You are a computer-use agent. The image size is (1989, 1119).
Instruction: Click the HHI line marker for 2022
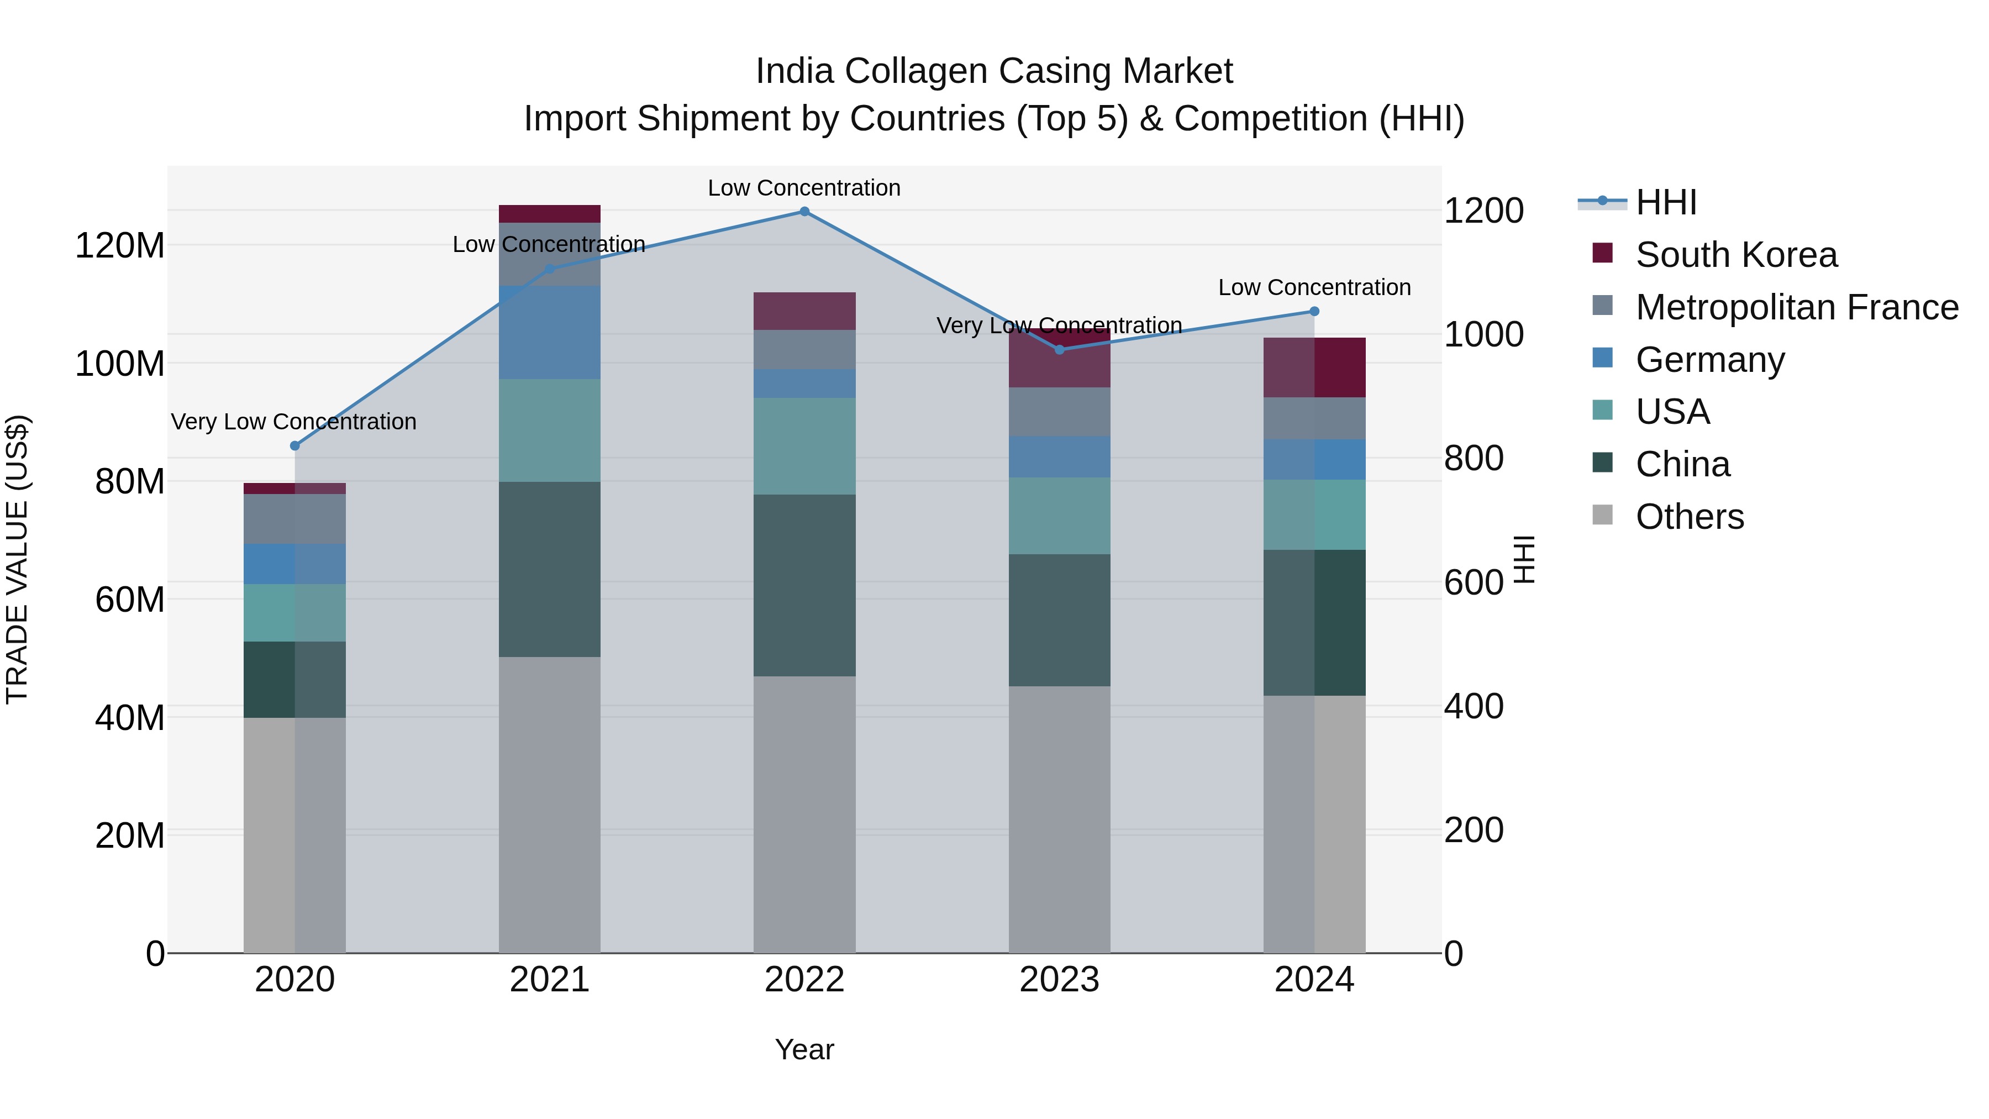[804, 212]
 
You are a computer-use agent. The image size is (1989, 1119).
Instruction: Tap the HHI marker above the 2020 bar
[294, 445]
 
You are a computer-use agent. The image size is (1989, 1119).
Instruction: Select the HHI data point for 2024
[1314, 311]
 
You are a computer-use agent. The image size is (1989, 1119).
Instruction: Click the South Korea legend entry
[1736, 255]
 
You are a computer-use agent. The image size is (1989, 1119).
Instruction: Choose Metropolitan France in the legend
[1796, 307]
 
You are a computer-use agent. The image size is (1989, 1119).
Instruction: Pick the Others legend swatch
[1602, 515]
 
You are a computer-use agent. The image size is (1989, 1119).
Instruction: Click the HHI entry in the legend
[1665, 202]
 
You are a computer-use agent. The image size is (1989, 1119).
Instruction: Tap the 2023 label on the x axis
[1059, 979]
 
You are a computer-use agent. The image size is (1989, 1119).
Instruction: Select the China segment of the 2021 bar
[549, 569]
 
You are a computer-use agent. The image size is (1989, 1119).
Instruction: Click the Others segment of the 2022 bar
[804, 814]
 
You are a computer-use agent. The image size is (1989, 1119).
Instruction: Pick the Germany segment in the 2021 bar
[549, 332]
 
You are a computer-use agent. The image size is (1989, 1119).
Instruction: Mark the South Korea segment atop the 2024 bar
[1314, 367]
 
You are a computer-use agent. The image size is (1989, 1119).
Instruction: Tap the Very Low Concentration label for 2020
[293, 422]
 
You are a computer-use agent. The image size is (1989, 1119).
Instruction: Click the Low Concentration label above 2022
[804, 188]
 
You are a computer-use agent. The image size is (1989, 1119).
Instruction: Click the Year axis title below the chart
[804, 1049]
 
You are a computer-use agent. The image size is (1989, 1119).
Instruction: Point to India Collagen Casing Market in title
[994, 71]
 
